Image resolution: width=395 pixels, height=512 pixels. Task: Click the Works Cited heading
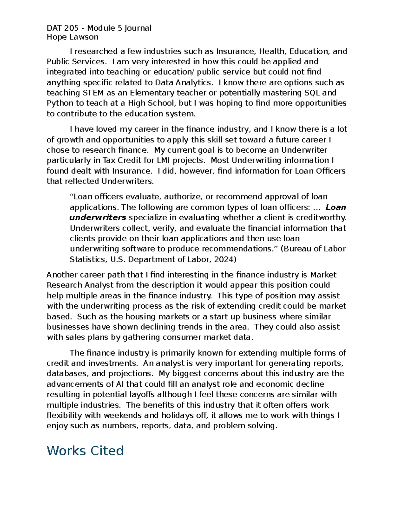pyautogui.click(x=85, y=450)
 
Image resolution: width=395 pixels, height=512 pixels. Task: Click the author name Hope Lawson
pyautogui.click(x=72, y=37)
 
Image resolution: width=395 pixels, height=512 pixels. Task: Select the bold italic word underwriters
pyautogui.click(x=98, y=218)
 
